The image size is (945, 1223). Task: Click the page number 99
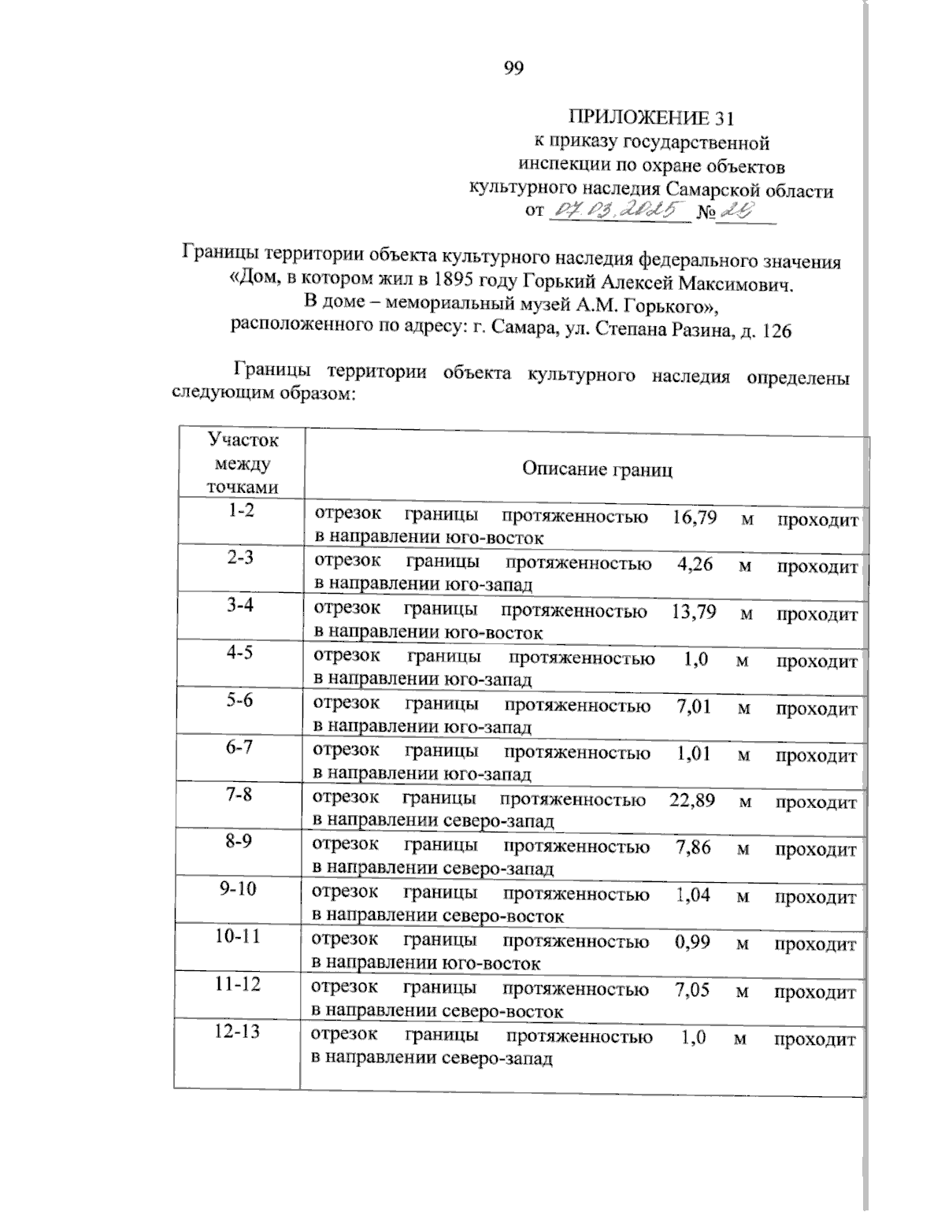tap(513, 69)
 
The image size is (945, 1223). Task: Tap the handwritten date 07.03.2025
tap(617, 210)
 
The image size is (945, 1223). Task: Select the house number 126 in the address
tap(776, 332)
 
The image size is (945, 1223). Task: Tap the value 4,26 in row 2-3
tap(695, 565)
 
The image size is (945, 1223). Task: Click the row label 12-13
tap(237, 1031)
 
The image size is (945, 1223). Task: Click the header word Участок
tap(242, 439)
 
